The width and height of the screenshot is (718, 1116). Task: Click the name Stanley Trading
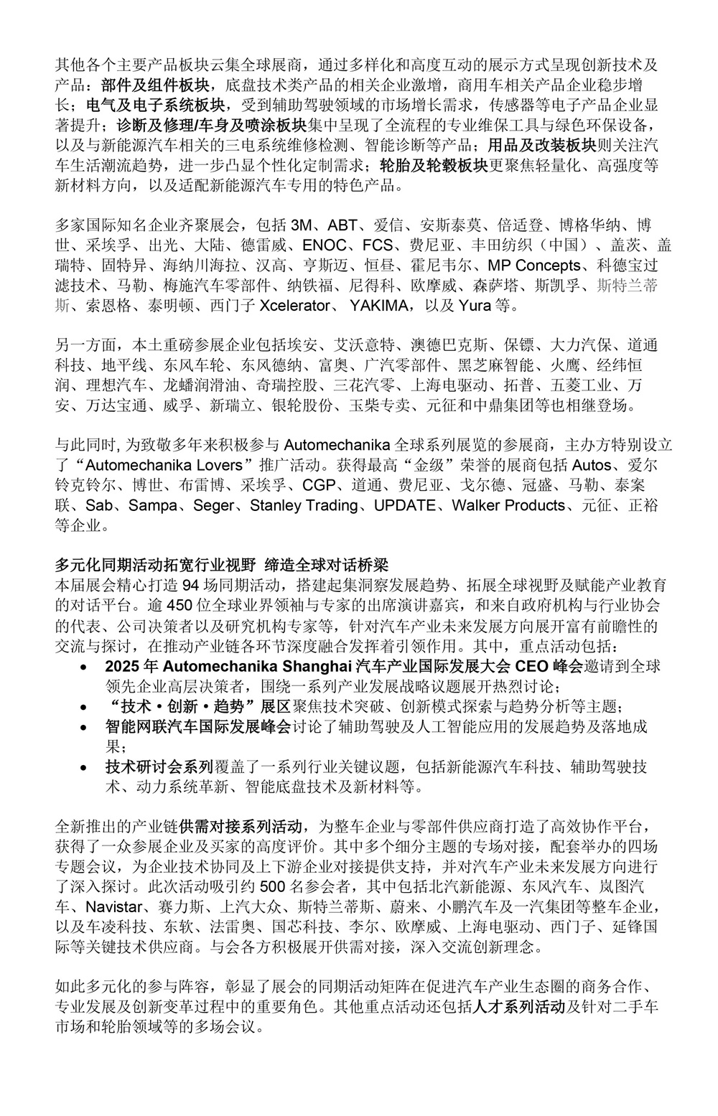tap(304, 505)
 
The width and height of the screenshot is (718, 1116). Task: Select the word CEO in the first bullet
tap(529, 666)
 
